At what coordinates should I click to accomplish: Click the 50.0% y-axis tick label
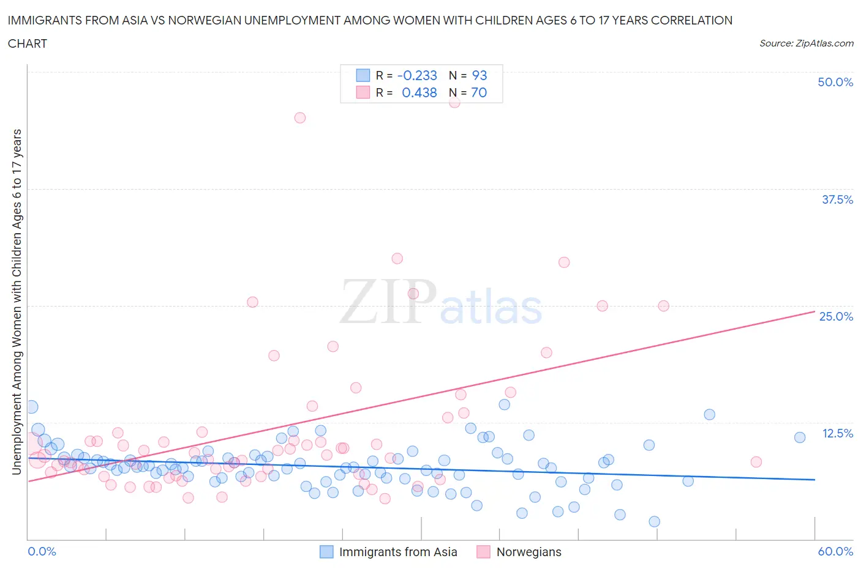coord(835,82)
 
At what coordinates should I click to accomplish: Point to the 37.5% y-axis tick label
coord(837,199)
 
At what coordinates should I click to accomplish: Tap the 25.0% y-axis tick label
coord(836,316)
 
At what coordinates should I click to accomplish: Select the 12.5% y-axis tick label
coord(837,433)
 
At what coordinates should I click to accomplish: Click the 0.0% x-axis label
coord(42,551)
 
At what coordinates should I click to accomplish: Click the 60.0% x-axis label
coord(835,551)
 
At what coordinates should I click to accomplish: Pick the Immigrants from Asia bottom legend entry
coord(397,552)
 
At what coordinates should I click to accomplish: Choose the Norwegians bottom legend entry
coord(528,552)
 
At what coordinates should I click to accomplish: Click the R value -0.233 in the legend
coord(417,75)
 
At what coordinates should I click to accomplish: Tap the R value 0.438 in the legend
coord(419,92)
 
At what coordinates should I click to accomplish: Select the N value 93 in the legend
coord(479,75)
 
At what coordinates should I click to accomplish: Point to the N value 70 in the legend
coord(479,92)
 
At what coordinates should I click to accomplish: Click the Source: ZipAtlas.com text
coord(806,43)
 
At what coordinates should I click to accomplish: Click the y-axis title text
coord(17,302)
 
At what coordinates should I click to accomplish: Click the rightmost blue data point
coord(800,437)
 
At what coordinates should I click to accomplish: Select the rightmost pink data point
coord(756,462)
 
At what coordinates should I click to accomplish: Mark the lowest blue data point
coord(654,521)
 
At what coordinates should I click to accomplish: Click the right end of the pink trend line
coord(814,311)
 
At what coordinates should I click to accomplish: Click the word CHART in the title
coord(28,43)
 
